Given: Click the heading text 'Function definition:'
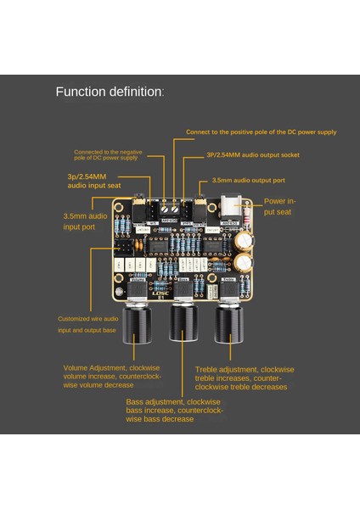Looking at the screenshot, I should tap(110, 92).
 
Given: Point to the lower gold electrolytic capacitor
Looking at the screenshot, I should tap(244, 262).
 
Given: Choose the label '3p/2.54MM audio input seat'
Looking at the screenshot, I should tap(93, 180).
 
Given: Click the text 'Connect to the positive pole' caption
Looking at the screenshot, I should tap(261, 131).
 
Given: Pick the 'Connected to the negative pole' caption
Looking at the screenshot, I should tap(108, 154).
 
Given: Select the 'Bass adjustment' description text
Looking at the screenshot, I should tap(174, 410).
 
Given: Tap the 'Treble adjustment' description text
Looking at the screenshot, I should tap(244, 378).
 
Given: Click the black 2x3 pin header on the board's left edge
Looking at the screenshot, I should tap(123, 249).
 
